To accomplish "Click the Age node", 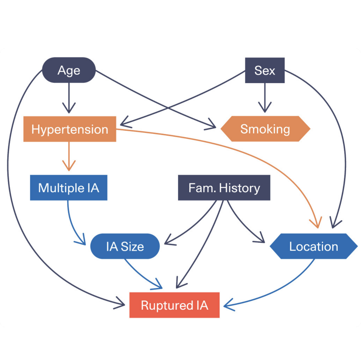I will pyautogui.click(x=69, y=71).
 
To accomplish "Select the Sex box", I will pyautogui.click(x=265, y=71).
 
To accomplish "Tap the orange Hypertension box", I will pyautogui.click(x=70, y=129).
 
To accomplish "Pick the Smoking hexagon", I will pyautogui.click(x=265, y=129).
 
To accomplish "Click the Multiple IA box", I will pyautogui.click(x=68, y=188).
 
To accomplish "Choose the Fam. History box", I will pyautogui.click(x=224, y=188).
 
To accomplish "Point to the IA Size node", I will pyautogui.click(x=125, y=246).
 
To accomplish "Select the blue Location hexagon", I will pyautogui.click(x=313, y=246).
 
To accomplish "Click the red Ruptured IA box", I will pyautogui.click(x=174, y=305).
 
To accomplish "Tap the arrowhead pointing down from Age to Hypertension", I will pyautogui.click(x=69, y=108).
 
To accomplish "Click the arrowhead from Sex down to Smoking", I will pyautogui.click(x=265, y=107).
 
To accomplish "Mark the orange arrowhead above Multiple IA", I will pyautogui.click(x=69, y=166).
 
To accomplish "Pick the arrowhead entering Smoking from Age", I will pyautogui.click(x=212, y=125).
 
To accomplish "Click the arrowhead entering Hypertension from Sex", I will pyautogui.click(x=124, y=124).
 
